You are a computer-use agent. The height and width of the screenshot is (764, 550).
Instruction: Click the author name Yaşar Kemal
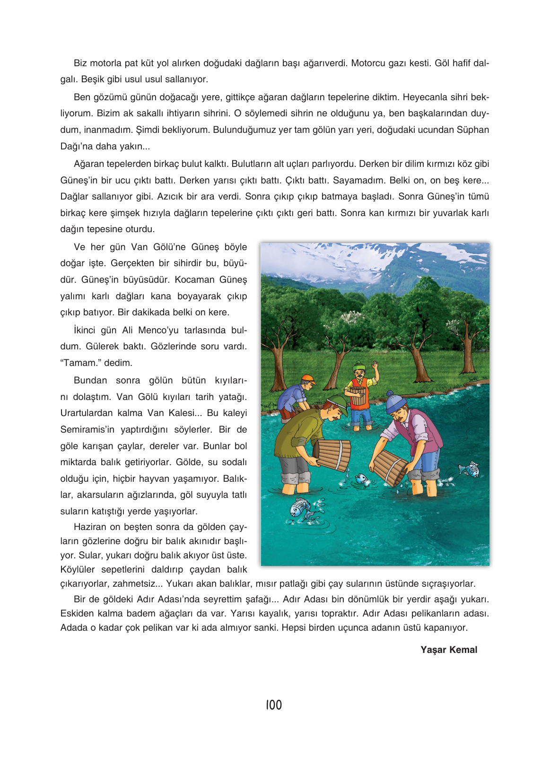pyautogui.click(x=449, y=650)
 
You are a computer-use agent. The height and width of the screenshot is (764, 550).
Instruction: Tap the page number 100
pyautogui.click(x=274, y=705)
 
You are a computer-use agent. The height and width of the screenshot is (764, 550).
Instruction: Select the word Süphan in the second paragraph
pyautogui.click(x=472, y=130)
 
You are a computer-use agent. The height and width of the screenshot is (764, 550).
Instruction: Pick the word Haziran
pyautogui.click(x=90, y=527)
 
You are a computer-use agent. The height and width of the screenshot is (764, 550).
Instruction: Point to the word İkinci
pyautogui.click(x=84, y=330)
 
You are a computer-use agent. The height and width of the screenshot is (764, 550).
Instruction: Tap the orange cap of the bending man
pyautogui.click(x=308, y=379)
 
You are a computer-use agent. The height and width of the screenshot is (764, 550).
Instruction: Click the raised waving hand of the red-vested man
pyautogui.click(x=375, y=365)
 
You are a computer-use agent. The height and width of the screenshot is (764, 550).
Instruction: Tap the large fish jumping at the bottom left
pyautogui.click(x=301, y=509)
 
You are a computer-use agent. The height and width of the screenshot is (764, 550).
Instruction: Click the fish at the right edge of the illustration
pyautogui.click(x=469, y=469)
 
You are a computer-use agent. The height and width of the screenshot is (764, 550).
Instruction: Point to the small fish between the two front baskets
pyautogui.click(x=360, y=478)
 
